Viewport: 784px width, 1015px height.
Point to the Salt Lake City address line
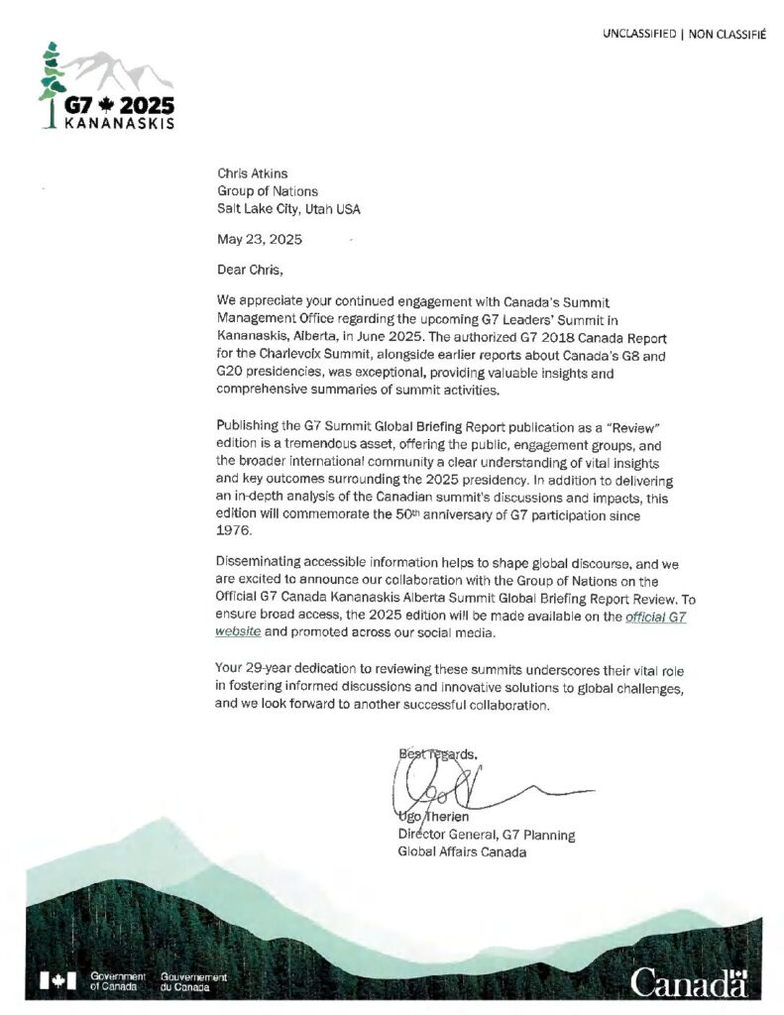pyautogui.click(x=289, y=208)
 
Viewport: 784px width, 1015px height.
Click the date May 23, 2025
pyautogui.click(x=260, y=239)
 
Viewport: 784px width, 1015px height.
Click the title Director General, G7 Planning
pyautogui.click(x=486, y=835)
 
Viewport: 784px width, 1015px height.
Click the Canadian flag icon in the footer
pyautogui.click(x=57, y=981)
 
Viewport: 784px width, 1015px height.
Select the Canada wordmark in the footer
pyautogui.click(x=690, y=982)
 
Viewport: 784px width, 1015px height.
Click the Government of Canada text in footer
pyautogui.click(x=117, y=981)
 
